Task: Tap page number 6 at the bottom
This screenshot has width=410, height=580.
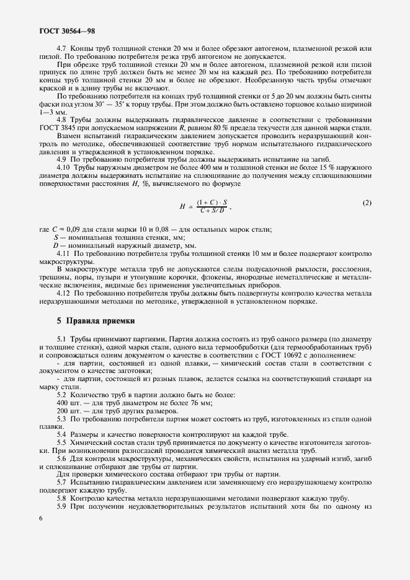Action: pos(40,519)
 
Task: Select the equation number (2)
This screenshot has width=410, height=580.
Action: pos(367,203)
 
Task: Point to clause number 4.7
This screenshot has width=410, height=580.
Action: pos(63,48)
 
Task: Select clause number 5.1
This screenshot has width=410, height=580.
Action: pos(63,340)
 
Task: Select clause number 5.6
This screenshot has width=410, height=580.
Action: pos(63,459)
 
